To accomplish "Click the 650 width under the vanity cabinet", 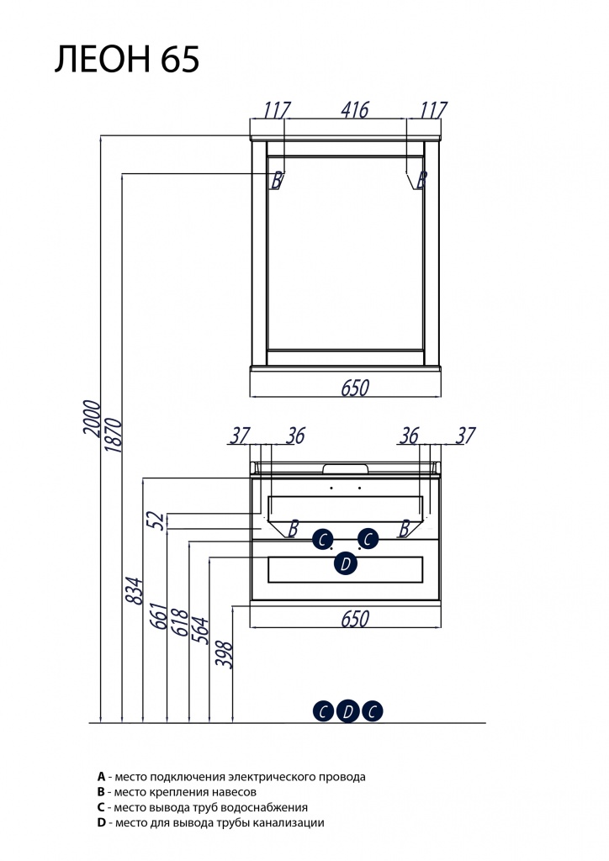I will pos(355,618).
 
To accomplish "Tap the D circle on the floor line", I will pos(347,711).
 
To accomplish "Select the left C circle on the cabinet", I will pos(322,538).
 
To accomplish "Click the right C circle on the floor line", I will pos(373,711).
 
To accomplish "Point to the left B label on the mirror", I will pos(276,180).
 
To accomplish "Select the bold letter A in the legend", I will pos(101,776).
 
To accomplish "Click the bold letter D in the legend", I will pos(101,823).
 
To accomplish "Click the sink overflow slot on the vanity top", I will pos(346,467).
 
